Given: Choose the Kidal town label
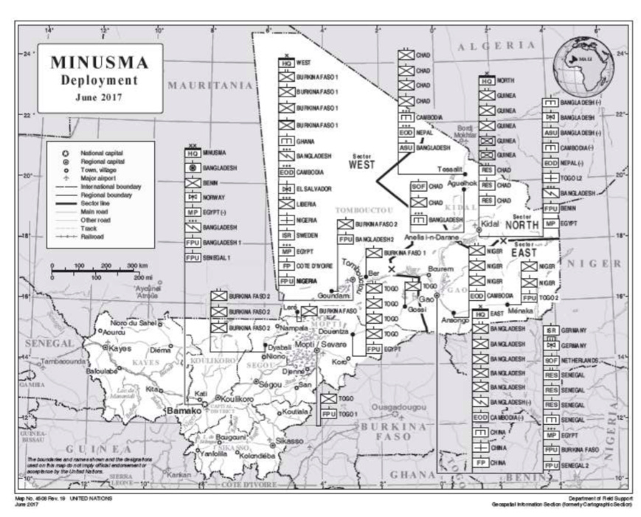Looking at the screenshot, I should [491, 222].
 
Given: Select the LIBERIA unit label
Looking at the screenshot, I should [307, 204].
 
